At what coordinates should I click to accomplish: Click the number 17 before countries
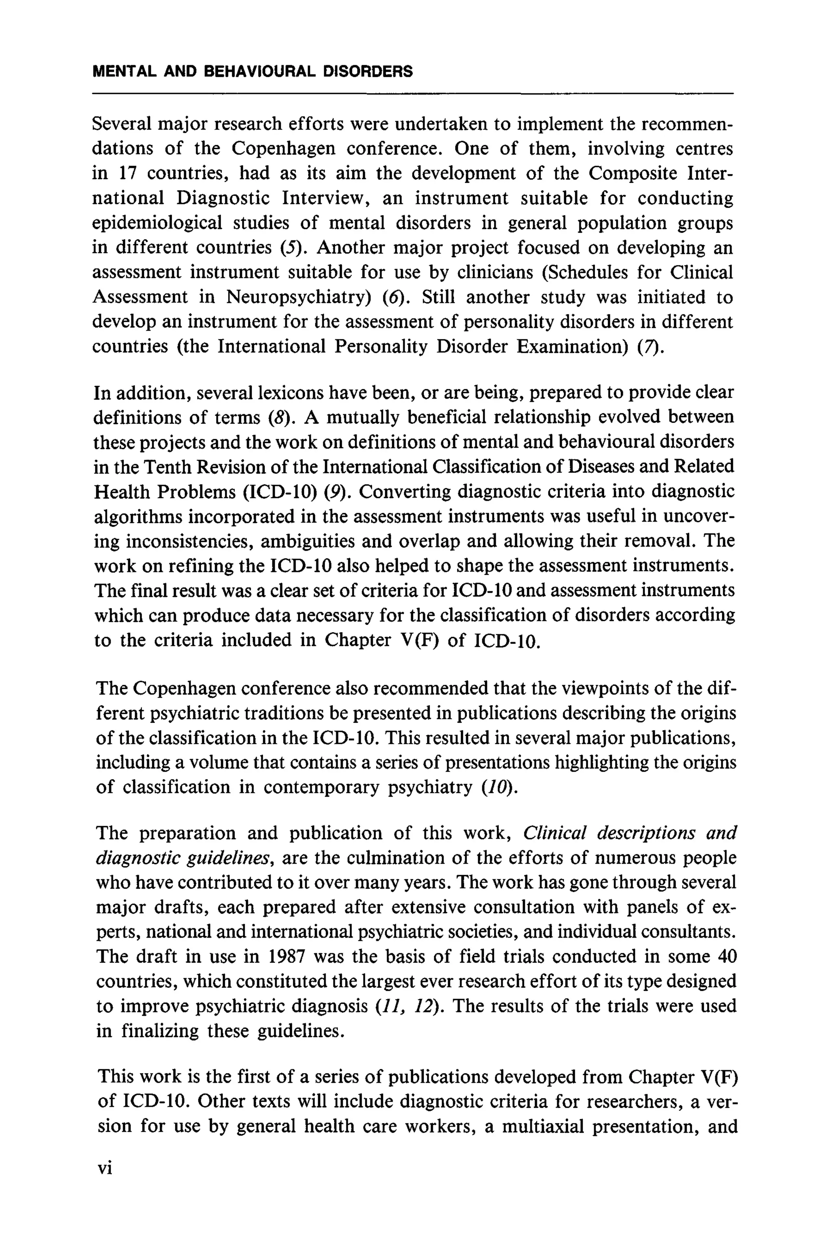coord(126,173)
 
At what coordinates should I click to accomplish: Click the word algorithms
coord(137,517)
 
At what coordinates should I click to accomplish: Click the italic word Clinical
coord(555,834)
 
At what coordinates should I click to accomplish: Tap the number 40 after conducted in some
coord(726,957)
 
